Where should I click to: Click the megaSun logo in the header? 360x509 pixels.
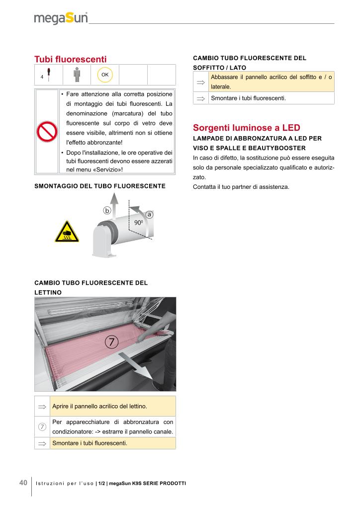(x=61, y=18)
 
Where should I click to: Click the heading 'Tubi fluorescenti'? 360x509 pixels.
(x=70, y=59)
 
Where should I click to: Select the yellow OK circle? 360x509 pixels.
(x=105, y=75)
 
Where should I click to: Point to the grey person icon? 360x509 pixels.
(x=77, y=75)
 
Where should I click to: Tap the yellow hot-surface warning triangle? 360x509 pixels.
(x=66, y=232)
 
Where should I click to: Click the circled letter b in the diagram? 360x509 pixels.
(x=106, y=210)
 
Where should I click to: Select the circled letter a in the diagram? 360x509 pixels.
(x=149, y=214)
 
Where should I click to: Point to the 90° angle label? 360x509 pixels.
(x=139, y=223)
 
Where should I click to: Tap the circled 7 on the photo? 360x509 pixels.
(x=112, y=342)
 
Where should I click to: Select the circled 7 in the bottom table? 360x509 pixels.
(x=42, y=426)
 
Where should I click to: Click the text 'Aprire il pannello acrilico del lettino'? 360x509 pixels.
(x=99, y=407)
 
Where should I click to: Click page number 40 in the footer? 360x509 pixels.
(x=23, y=483)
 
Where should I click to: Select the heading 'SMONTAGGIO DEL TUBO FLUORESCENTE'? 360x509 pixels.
(x=99, y=186)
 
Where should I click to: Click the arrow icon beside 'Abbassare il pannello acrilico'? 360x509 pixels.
(x=201, y=82)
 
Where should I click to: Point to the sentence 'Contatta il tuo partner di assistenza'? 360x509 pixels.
(x=241, y=187)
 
